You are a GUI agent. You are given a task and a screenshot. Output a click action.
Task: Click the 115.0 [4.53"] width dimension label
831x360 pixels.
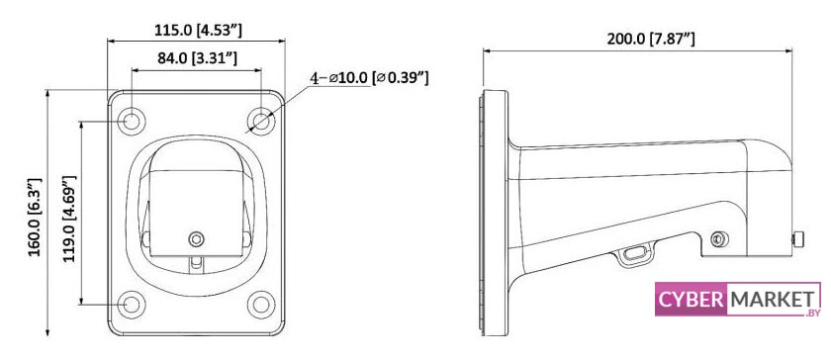click(x=198, y=31)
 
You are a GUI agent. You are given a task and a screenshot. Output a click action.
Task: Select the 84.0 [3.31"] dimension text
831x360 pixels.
click(x=197, y=58)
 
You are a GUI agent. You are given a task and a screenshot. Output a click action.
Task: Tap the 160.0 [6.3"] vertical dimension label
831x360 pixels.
click(x=35, y=218)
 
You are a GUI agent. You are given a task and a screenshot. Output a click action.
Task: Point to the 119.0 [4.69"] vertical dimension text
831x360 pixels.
click(x=69, y=219)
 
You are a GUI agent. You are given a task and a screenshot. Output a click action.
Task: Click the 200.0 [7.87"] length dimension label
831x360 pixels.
click(x=651, y=39)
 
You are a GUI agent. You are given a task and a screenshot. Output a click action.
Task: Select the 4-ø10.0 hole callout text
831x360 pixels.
click(x=369, y=78)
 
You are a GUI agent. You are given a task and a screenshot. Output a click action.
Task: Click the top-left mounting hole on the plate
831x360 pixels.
click(x=131, y=121)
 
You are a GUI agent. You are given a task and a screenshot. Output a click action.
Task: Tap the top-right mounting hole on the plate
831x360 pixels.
click(x=261, y=121)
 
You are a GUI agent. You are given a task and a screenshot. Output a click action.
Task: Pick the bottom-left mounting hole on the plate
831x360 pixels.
click(x=131, y=305)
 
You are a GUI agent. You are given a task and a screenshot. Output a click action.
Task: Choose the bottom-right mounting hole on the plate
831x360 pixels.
click(x=261, y=305)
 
